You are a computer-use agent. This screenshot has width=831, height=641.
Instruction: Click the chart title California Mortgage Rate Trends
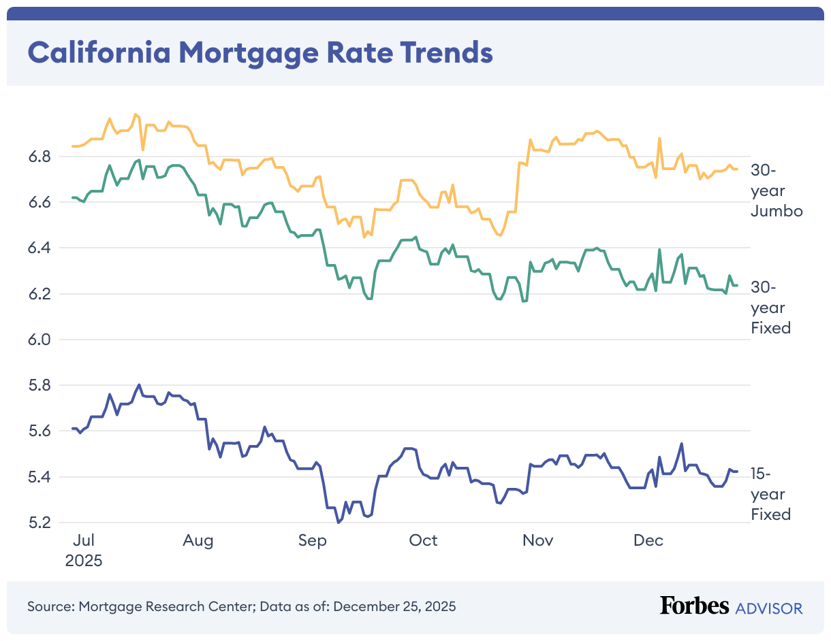pyautogui.click(x=260, y=53)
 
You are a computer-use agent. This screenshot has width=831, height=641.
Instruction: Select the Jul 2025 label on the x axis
pyautogui.click(x=83, y=550)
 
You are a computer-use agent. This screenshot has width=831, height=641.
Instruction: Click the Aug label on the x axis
pyautogui.click(x=198, y=541)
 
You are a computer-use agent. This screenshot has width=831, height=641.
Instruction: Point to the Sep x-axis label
pyautogui.click(x=312, y=541)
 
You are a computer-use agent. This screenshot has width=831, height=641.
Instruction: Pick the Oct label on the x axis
pyautogui.click(x=423, y=541)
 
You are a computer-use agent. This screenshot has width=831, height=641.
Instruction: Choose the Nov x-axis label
pyautogui.click(x=537, y=541)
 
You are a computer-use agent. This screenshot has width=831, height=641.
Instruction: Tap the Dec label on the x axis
pyautogui.click(x=648, y=541)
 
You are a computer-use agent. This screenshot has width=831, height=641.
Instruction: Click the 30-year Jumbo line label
pyautogui.click(x=777, y=191)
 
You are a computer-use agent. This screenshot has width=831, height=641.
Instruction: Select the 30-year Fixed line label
pyautogui.click(x=770, y=308)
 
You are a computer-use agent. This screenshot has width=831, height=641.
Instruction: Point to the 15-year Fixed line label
pyautogui.click(x=770, y=494)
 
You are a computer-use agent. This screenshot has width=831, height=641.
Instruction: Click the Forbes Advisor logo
pyautogui.click(x=731, y=607)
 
